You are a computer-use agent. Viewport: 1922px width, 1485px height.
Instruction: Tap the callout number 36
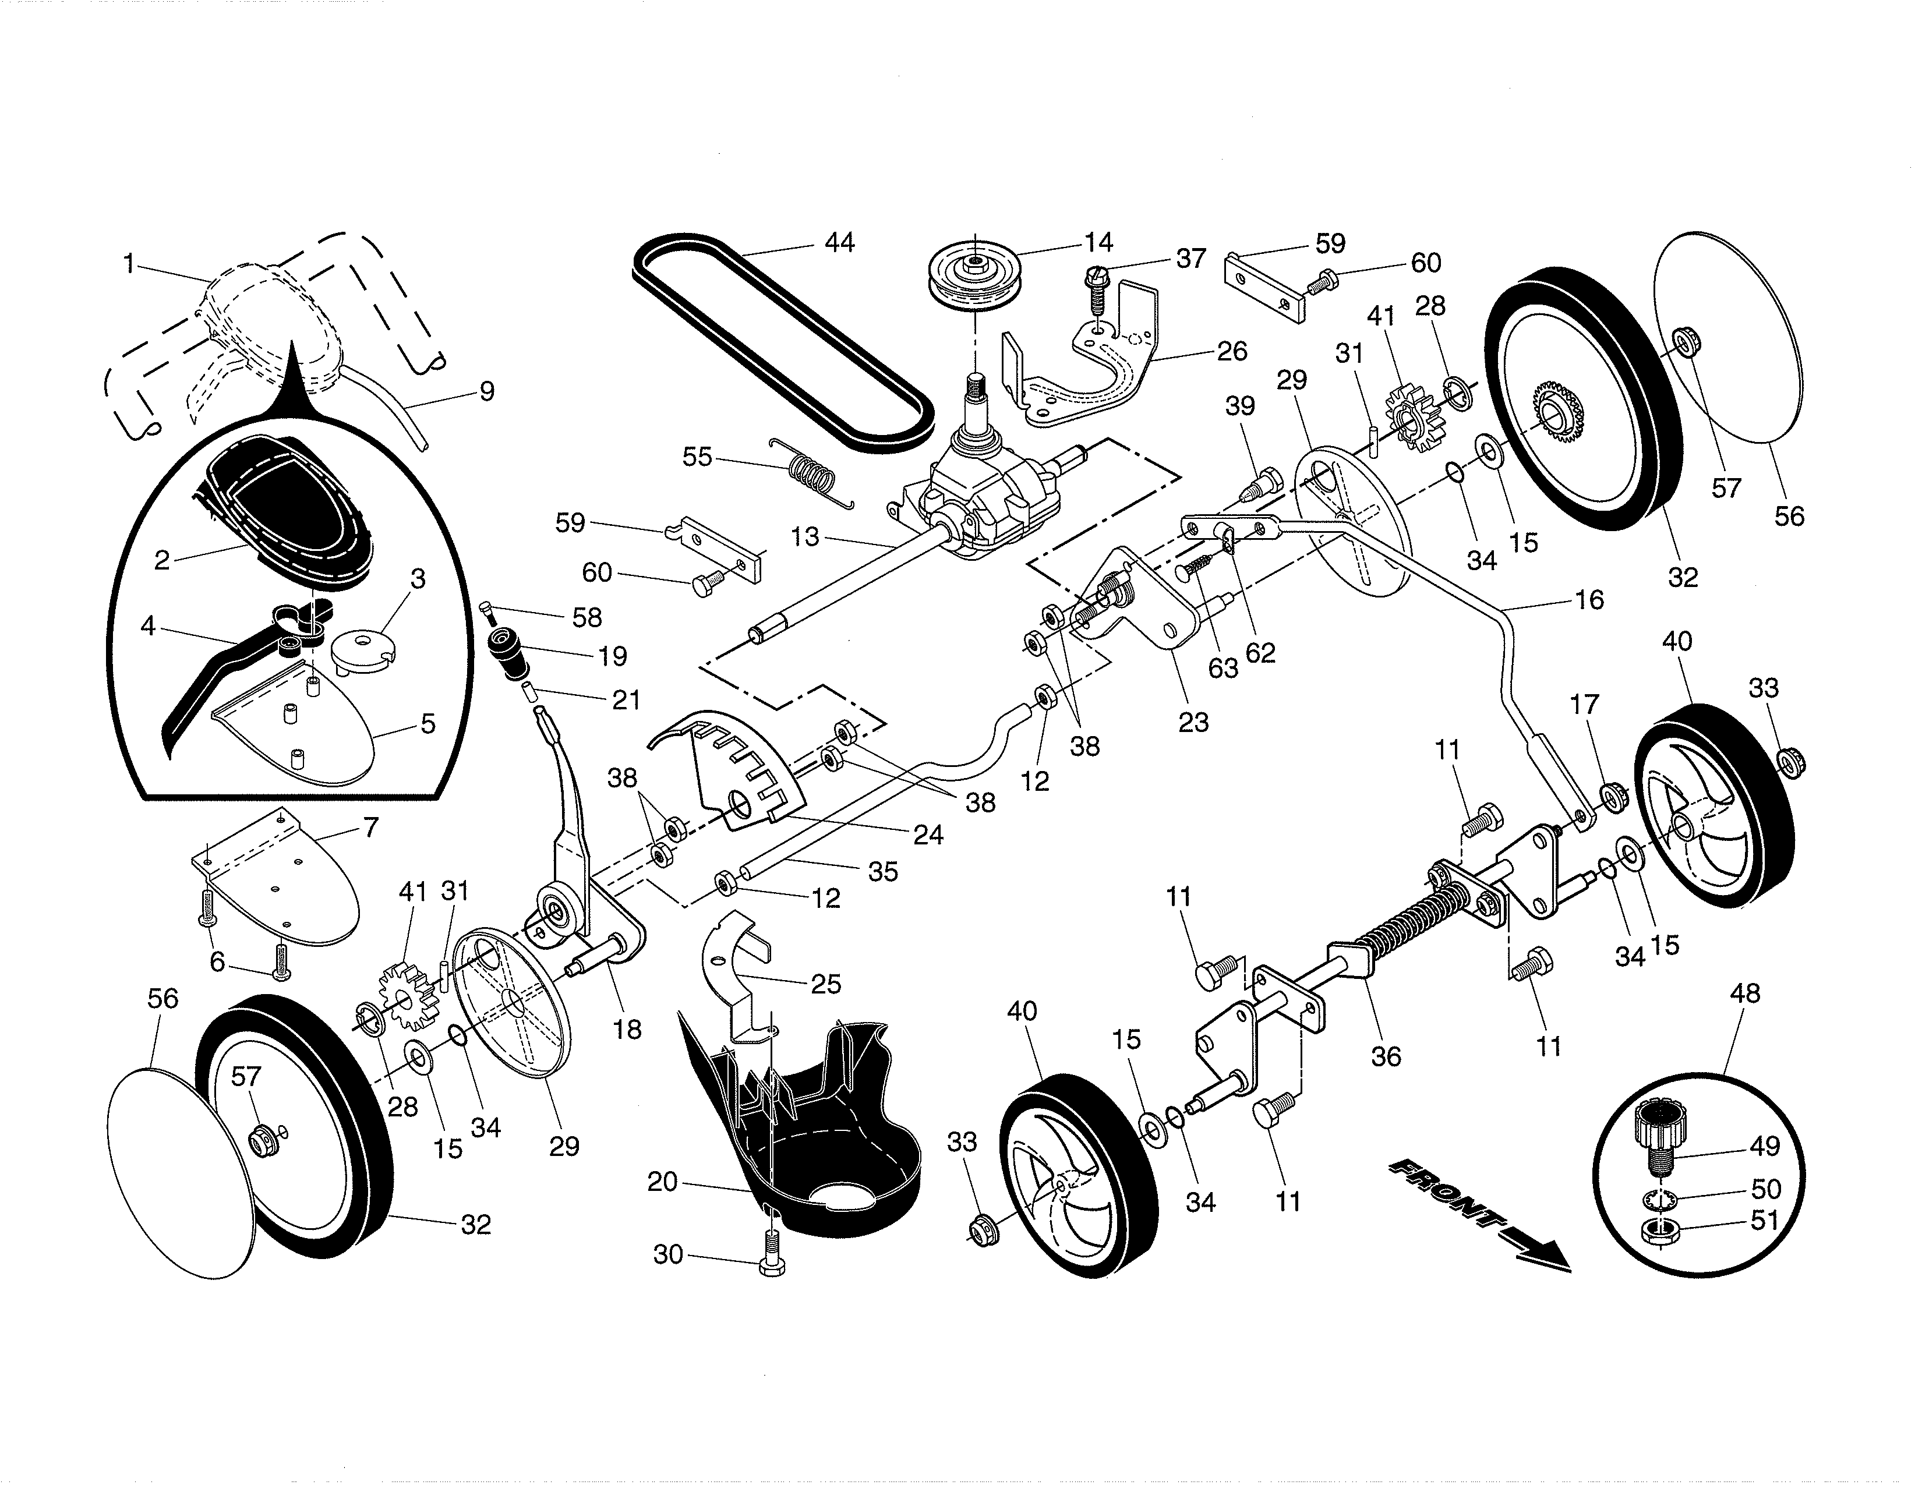(1385, 1056)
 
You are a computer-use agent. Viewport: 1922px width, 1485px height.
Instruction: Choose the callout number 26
(1232, 351)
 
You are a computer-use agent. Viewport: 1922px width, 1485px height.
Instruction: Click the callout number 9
(487, 391)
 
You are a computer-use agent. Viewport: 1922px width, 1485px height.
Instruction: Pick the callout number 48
(1744, 993)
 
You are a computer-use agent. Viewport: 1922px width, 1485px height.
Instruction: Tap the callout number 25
(825, 984)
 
